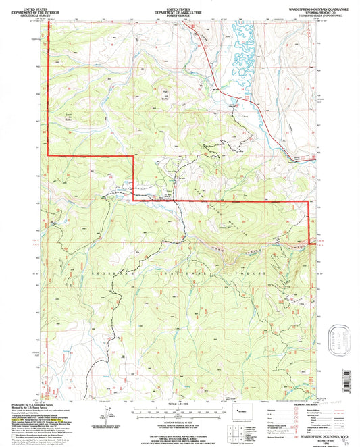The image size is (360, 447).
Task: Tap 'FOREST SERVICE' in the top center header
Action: [x=179, y=12]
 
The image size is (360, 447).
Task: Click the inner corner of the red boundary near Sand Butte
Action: [x=132, y=157]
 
